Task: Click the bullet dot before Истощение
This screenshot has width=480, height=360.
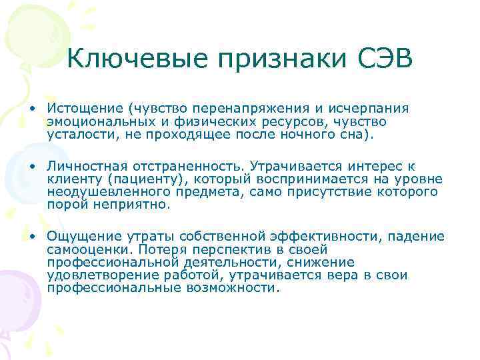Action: pyautogui.click(x=32, y=109)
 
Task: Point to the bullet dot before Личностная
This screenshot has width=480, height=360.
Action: pyautogui.click(x=32, y=165)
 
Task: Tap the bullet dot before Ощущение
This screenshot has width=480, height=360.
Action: pyautogui.click(x=32, y=237)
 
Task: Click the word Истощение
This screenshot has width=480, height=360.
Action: pyautogui.click(x=85, y=109)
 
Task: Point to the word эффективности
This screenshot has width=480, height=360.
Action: pyautogui.click(x=319, y=237)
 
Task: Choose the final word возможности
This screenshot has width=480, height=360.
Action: pyautogui.click(x=221, y=288)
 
